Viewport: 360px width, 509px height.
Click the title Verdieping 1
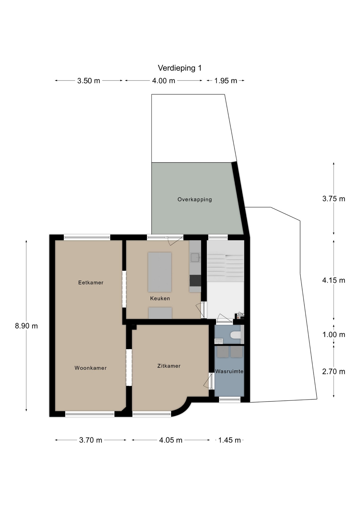tap(180, 68)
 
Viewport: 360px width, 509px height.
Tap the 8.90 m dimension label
tap(26, 326)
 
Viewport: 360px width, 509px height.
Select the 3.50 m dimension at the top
tap(89, 81)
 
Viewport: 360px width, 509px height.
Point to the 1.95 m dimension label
tap(226, 81)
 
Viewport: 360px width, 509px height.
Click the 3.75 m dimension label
tap(334, 199)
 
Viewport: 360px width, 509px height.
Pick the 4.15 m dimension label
tap(334, 280)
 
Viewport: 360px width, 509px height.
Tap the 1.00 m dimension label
tap(334, 335)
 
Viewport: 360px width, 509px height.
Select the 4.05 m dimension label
tap(171, 440)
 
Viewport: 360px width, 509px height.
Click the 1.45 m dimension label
tap(229, 440)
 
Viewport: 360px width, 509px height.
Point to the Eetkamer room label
tap(91, 283)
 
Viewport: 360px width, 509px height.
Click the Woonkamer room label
tap(90, 368)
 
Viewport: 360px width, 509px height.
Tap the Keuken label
tap(160, 298)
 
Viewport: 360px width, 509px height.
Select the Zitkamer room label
tap(169, 366)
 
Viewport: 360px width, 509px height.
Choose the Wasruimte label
tap(229, 371)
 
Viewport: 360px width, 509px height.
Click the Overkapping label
tap(195, 199)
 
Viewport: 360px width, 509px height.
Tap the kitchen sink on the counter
tap(195, 257)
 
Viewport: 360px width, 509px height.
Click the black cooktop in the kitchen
tap(195, 281)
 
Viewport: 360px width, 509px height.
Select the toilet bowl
tap(235, 335)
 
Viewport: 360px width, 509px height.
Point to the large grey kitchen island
tap(160, 272)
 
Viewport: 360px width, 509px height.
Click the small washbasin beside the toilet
tap(218, 341)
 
